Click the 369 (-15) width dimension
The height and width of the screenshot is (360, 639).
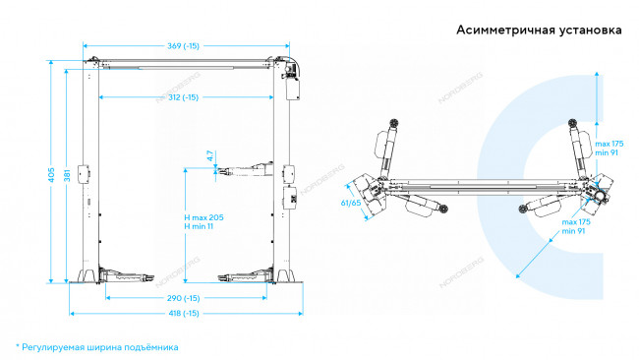[184, 45]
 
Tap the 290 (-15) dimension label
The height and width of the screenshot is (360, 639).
[184, 298]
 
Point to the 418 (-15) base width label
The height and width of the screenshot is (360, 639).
[184, 313]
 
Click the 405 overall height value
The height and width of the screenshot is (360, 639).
[52, 175]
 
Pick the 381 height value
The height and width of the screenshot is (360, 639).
[67, 175]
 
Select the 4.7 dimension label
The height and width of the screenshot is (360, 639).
[209, 155]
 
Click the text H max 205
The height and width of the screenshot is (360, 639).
[203, 217]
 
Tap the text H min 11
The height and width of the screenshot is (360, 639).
[199, 226]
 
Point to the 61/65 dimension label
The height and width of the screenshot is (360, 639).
[351, 203]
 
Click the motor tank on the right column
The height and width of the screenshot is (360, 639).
[293, 90]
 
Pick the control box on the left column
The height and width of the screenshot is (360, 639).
[84, 175]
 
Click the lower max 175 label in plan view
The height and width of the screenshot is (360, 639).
[576, 222]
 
